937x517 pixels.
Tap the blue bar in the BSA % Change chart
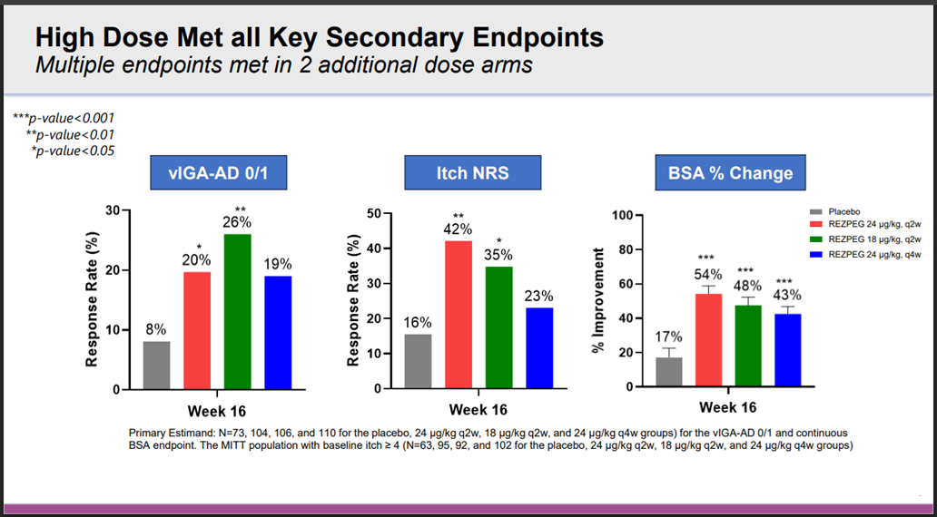pyautogui.click(x=787, y=349)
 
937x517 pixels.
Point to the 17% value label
pyautogui.click(x=668, y=337)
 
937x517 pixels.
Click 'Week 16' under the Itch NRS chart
pyautogui.click(x=478, y=410)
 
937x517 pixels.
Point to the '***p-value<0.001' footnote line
pyautogui.click(x=63, y=118)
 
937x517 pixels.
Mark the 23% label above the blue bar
pyautogui.click(x=538, y=296)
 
